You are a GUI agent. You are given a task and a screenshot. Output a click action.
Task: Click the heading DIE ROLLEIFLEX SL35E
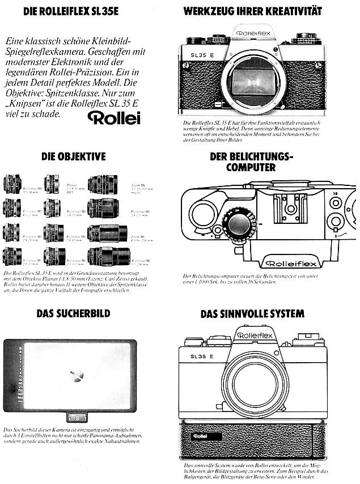pyautogui.click(x=71, y=11)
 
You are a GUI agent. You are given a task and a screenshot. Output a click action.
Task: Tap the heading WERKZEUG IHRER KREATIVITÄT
pyautogui.click(x=252, y=11)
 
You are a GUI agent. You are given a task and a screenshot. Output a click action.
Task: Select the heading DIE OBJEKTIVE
pyautogui.click(x=73, y=156)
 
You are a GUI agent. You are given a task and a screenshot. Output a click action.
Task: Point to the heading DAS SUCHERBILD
pyautogui.click(x=73, y=313)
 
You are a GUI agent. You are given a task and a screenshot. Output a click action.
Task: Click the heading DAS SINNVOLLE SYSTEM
pyautogui.click(x=252, y=313)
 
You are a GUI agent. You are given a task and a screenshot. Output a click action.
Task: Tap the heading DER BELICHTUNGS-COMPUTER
pyautogui.click(x=251, y=162)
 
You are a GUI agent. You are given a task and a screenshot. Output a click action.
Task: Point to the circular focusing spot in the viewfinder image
pyautogui.click(x=75, y=375)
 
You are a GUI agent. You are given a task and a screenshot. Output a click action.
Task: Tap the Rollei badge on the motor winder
pyautogui.click(x=199, y=436)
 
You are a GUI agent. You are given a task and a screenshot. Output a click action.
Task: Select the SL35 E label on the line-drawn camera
pyautogui.click(x=200, y=356)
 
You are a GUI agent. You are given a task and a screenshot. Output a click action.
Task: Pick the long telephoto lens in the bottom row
pyautogui.click(x=103, y=256)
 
